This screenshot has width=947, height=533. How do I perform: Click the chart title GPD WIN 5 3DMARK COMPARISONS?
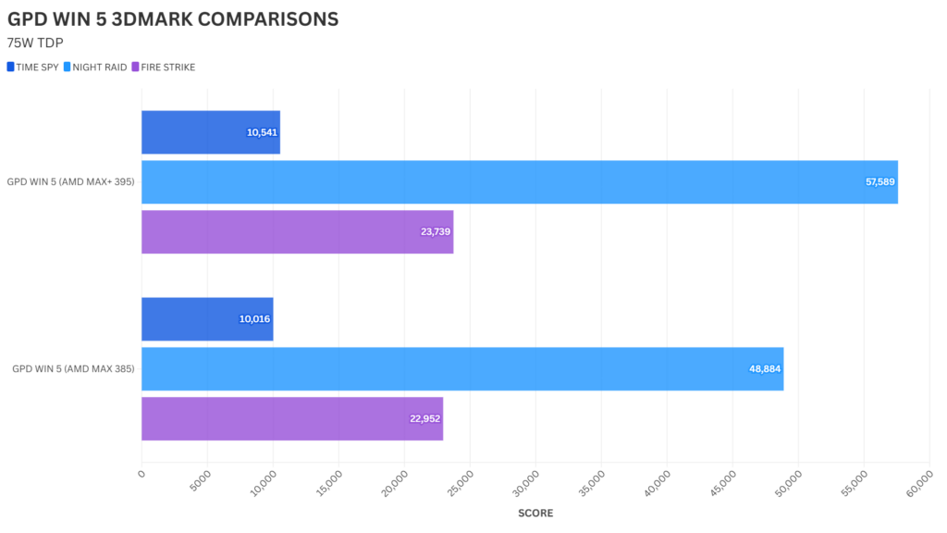pyautogui.click(x=172, y=19)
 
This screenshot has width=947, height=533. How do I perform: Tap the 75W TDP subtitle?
pyautogui.click(x=34, y=43)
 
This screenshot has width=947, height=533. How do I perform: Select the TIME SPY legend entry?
pyautogui.click(x=32, y=67)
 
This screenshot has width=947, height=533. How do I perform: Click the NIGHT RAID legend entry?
pyautogui.click(x=96, y=67)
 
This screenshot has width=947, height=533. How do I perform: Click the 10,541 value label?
pyautogui.click(x=262, y=132)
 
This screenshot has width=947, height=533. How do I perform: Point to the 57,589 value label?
pyautogui.click(x=879, y=182)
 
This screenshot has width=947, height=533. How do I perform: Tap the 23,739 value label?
pyautogui.click(x=435, y=232)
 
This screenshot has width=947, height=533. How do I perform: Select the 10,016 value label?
pyautogui.click(x=254, y=319)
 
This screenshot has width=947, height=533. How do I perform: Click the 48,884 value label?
pyautogui.click(x=766, y=369)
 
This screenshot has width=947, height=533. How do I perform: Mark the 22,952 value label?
pyautogui.click(x=424, y=418)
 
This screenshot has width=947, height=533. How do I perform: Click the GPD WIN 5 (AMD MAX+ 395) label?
pyautogui.click(x=70, y=182)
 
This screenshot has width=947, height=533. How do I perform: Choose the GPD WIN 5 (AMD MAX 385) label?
pyautogui.click(x=73, y=369)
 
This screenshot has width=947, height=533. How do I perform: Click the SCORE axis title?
pyautogui.click(x=535, y=513)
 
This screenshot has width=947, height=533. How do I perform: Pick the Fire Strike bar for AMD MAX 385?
pyautogui.click(x=292, y=418)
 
